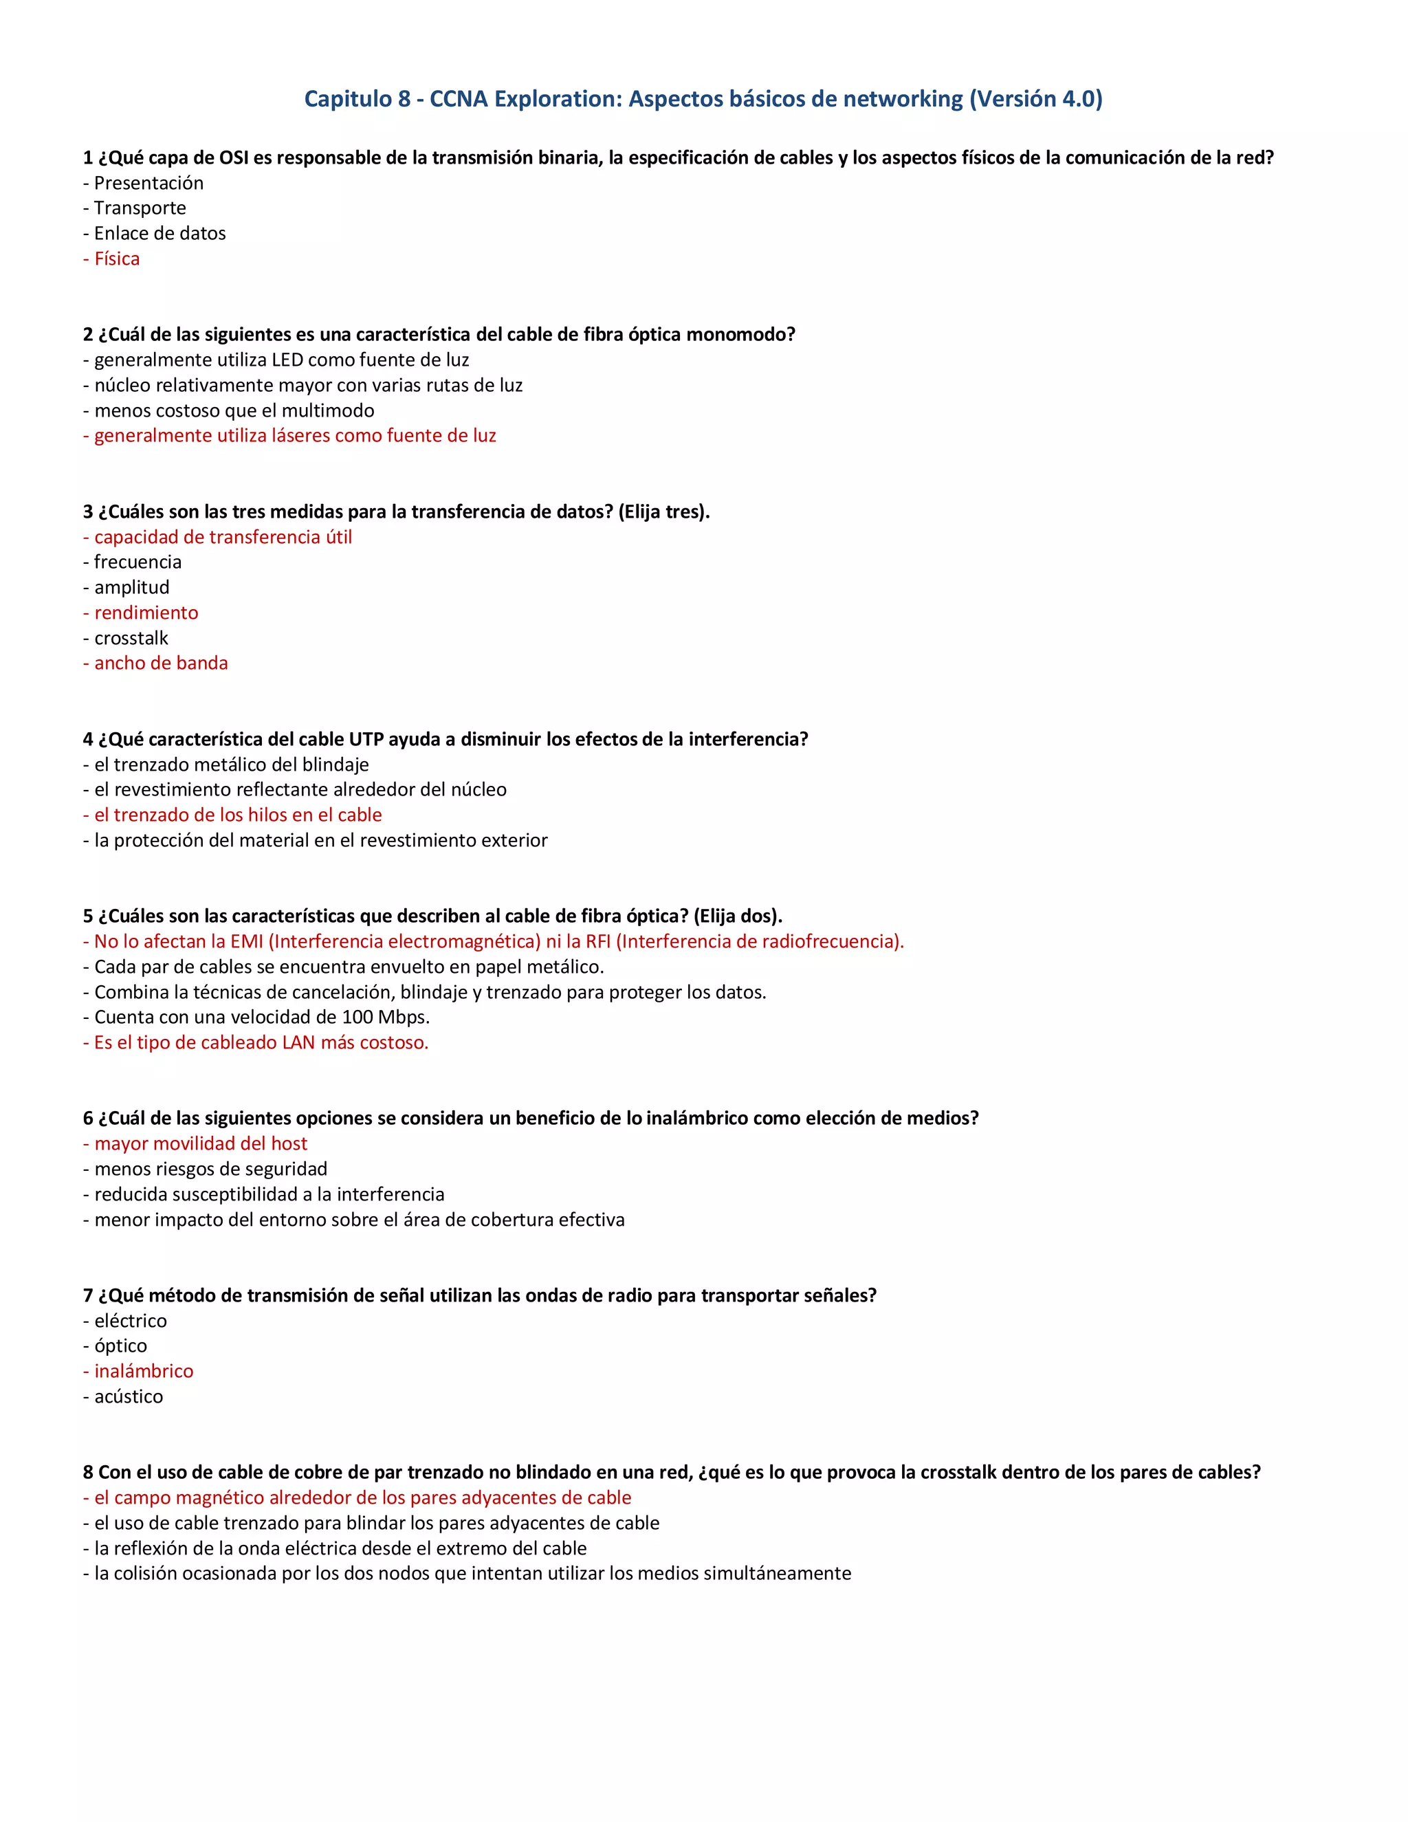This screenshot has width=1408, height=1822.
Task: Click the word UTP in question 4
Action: (366, 739)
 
